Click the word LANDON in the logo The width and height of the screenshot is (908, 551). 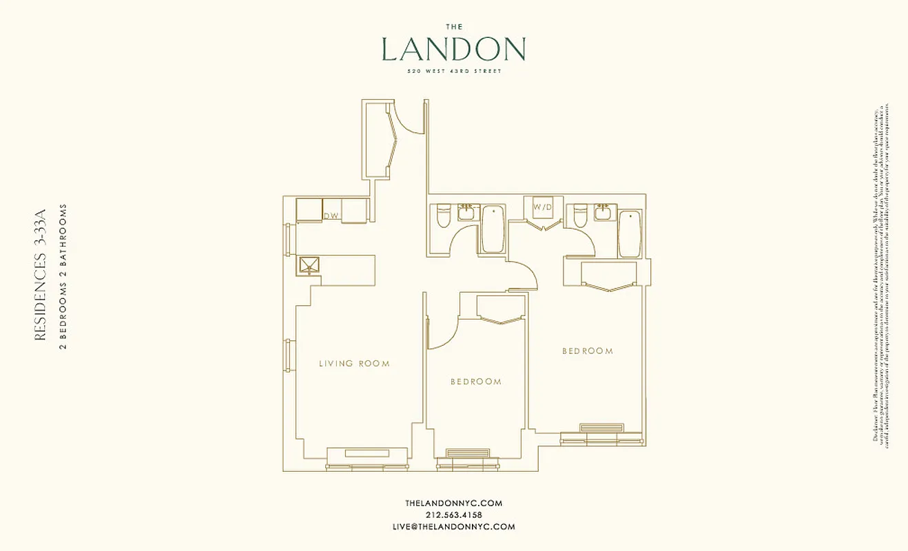[x=453, y=50]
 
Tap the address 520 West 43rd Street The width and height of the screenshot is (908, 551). [x=453, y=70]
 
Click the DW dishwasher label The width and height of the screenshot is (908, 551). [x=331, y=216]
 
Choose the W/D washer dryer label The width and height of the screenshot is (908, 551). [x=542, y=207]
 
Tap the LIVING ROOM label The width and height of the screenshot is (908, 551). [x=354, y=364]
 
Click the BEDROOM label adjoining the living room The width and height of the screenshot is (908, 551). [x=475, y=382]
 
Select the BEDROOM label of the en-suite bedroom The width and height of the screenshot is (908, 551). [x=587, y=351]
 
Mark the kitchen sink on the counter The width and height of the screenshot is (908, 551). [x=306, y=265]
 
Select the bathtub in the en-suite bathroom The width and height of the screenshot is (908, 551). [x=630, y=234]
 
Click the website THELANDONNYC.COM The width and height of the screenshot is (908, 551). [x=453, y=503]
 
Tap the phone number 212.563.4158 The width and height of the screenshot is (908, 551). [x=453, y=515]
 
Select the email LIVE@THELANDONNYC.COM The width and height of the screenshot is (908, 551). [x=453, y=527]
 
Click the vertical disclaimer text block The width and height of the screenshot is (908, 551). [x=881, y=275]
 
